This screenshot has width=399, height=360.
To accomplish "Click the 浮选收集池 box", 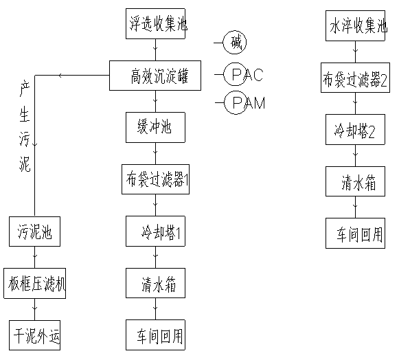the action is tap(155, 23).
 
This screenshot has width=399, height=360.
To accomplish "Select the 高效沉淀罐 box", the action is tap(155, 76).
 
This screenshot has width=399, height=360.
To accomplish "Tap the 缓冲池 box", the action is tap(155, 127).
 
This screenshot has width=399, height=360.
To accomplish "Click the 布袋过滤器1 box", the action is tap(155, 179).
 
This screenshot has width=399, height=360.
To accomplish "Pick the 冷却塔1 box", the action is tap(155, 231).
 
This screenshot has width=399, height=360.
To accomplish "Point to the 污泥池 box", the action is tap(34, 232).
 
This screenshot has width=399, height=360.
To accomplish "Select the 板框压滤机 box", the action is tap(34, 283).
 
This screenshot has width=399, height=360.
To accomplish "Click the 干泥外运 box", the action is tap(34, 335).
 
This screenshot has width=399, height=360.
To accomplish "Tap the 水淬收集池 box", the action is tap(355, 25).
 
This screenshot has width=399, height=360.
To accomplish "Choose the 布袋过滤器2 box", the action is tap(355, 78).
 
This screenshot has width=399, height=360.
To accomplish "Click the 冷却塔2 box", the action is tap(355, 130).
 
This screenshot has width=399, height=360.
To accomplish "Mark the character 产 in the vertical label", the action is tap(25, 89).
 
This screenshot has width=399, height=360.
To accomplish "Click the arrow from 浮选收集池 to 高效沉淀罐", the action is tap(156, 50).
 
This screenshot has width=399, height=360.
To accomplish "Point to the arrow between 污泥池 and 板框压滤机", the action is tap(35, 257).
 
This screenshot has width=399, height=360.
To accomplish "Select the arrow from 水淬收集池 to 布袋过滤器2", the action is tap(356, 52).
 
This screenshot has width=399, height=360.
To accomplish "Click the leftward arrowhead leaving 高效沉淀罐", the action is tap(60, 76).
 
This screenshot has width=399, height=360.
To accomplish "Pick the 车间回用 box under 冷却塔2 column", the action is tap(355, 233).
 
